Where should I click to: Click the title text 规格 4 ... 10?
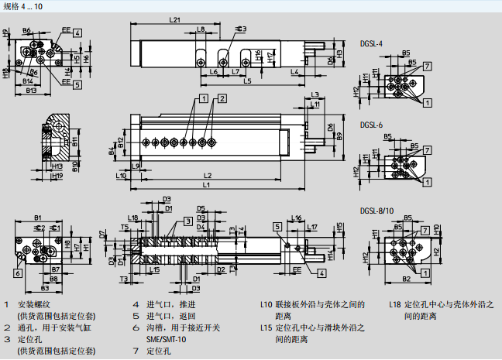(x=25, y=6)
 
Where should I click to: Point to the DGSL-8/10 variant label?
(x=376, y=210)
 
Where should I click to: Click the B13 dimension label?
(x=32, y=91)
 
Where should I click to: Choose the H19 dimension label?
(x=56, y=176)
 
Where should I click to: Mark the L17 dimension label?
(x=311, y=227)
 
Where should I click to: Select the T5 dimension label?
(x=125, y=228)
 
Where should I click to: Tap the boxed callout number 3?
(x=188, y=221)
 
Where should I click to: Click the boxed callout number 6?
(x=16, y=273)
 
